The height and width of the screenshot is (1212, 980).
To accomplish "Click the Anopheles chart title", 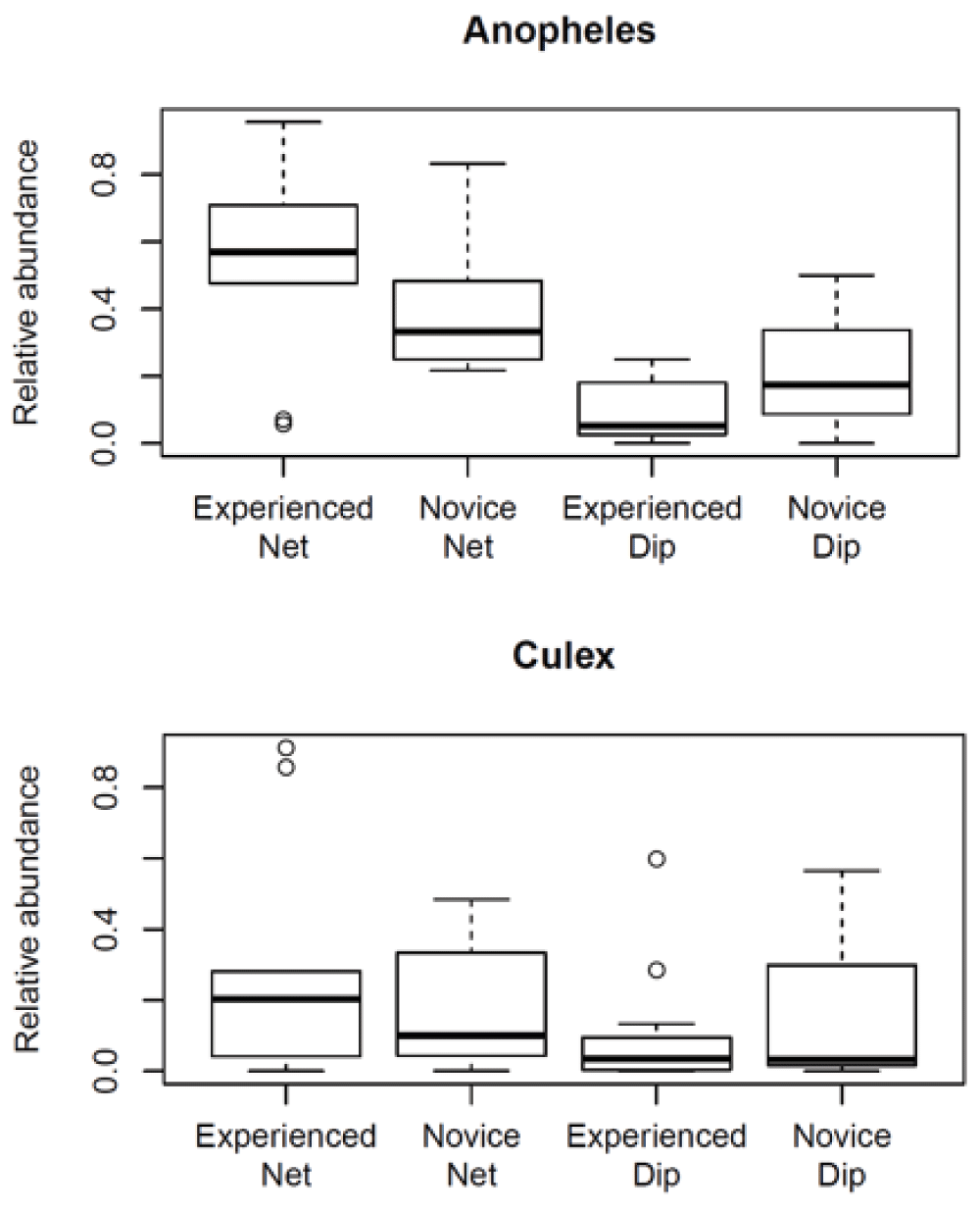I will pos(559,30).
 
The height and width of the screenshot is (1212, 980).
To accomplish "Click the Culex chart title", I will pos(563,655).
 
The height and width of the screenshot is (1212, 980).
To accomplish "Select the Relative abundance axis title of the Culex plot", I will pos(27,910).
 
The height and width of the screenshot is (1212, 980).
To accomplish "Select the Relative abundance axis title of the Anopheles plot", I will pos(27,282).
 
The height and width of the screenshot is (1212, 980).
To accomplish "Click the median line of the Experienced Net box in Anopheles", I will pos(283,252).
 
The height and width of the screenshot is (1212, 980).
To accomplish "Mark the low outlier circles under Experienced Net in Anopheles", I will pos(283,422).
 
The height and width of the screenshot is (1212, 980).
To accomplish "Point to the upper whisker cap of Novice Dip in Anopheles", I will pos(836,276).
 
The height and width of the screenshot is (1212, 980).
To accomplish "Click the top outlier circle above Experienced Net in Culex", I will pos(286,748).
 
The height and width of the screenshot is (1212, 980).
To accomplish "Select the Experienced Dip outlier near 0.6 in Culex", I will pos(656,859).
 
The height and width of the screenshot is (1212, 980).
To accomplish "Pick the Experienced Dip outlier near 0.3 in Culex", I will pos(656,970).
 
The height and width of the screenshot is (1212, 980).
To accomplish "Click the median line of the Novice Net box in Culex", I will pos(471,1035).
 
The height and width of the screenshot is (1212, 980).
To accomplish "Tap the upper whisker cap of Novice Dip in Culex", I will pos(840,871).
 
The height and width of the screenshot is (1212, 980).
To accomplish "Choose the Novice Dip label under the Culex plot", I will pos(841,1155).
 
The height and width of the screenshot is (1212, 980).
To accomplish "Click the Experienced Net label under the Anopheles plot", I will pos(283,527).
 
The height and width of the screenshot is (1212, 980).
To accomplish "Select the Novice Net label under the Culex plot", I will pos(471,1155).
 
